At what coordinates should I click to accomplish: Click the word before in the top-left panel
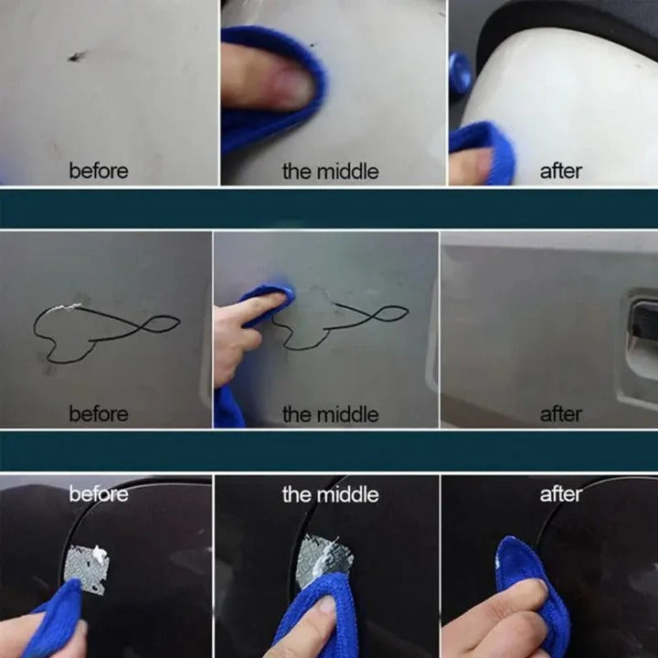click(99, 171)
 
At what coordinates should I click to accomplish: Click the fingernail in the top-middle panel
click(291, 89)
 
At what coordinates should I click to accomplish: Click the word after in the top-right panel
click(560, 171)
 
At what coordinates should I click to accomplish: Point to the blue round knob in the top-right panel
click(460, 73)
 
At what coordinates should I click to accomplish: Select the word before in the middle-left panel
click(99, 414)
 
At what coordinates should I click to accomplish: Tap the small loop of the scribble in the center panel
click(388, 313)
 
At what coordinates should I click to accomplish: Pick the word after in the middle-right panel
click(560, 414)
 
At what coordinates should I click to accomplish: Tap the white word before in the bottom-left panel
click(99, 494)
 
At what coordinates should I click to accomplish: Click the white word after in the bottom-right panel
click(560, 494)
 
